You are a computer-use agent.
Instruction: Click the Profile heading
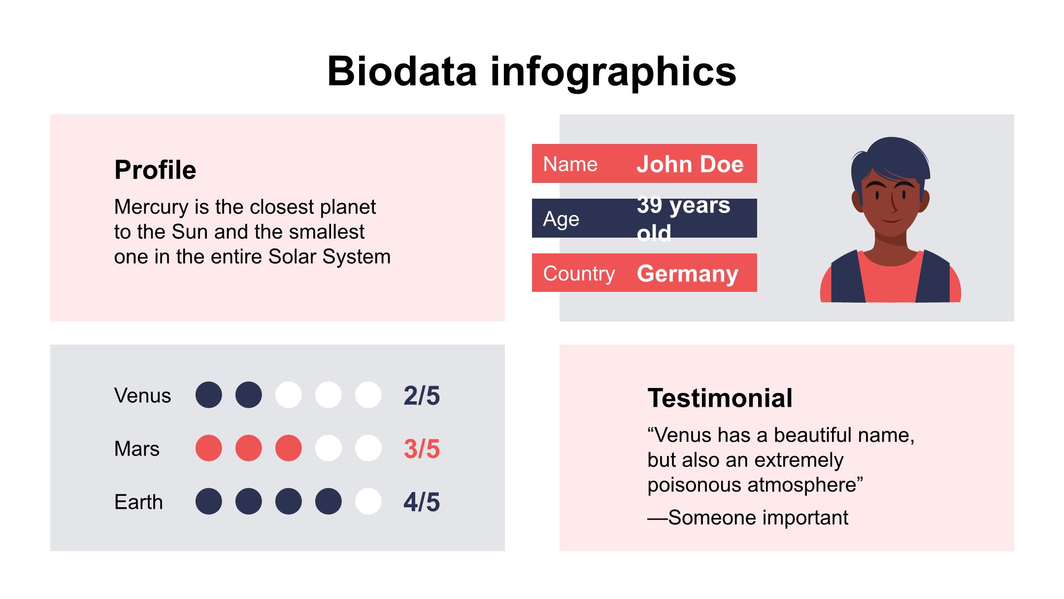click(x=155, y=170)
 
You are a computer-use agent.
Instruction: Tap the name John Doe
click(x=690, y=164)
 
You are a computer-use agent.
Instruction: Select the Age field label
click(x=561, y=219)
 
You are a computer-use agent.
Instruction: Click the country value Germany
click(x=687, y=274)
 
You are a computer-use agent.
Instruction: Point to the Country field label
click(x=579, y=274)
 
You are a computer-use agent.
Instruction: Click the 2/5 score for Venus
click(x=422, y=395)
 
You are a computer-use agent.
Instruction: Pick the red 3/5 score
click(x=422, y=449)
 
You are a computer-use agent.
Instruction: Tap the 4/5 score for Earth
click(x=422, y=502)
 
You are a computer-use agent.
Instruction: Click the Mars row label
click(x=137, y=449)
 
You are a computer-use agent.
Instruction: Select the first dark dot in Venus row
click(x=209, y=395)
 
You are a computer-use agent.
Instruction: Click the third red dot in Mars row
click(x=289, y=448)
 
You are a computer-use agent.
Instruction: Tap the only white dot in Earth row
click(x=368, y=501)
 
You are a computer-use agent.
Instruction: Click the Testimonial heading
click(x=720, y=398)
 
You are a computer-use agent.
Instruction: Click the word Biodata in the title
click(x=402, y=71)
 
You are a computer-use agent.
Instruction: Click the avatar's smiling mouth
click(x=891, y=220)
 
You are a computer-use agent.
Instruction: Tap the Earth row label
click(x=138, y=502)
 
